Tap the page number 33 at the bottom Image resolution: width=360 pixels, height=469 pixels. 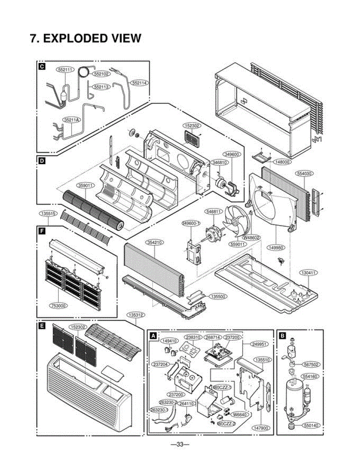click(180, 444)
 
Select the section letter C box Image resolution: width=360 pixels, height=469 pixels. click(41, 67)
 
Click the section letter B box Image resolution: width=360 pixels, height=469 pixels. click(282, 335)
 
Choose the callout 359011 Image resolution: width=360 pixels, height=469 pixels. click(86, 186)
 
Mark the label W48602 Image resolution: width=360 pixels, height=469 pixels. click(252, 237)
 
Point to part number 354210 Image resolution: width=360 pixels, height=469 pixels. click(154, 243)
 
